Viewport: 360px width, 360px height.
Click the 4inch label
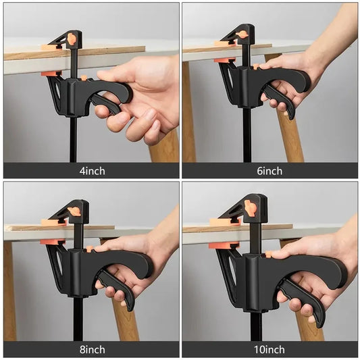pyautogui.click(x=91, y=170)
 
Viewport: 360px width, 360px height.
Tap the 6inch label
pyautogui.click(x=270, y=170)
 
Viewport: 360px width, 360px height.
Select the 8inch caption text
pyautogui.click(x=91, y=350)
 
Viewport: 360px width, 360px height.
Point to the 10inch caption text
pyautogui.click(x=270, y=350)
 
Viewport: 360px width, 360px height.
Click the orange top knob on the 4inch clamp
pyautogui.click(x=71, y=39)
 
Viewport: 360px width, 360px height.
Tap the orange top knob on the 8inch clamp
pyautogui.click(x=74, y=211)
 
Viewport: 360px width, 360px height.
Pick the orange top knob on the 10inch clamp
pyautogui.click(x=251, y=207)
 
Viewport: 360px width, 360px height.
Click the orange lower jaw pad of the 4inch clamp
pyautogui.click(x=49, y=73)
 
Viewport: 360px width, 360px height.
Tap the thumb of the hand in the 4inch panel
pyautogui.click(x=111, y=75)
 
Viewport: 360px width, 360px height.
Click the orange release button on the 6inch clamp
pyautogui.click(x=257, y=66)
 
